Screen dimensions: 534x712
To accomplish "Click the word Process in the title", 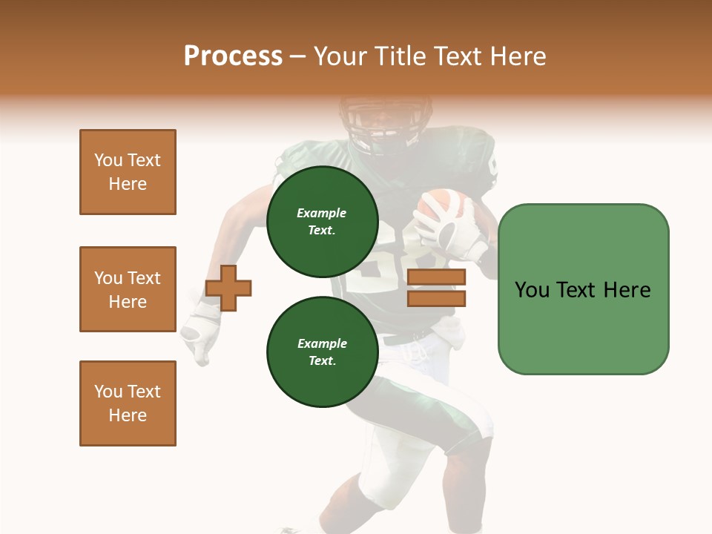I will point(233,56).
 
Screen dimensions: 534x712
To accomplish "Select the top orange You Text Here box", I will point(128,172).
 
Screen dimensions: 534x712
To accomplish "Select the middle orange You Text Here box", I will point(128,289).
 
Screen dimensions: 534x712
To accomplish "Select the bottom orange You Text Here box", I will point(128,403).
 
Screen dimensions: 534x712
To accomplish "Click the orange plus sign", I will point(228,287).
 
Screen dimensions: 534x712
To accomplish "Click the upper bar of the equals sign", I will point(437,277).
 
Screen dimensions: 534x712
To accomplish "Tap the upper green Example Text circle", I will point(322,222).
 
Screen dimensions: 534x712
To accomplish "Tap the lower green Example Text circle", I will point(322,352).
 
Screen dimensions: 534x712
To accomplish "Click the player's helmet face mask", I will point(375,122).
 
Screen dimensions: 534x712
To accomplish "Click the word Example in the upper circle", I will point(322,214).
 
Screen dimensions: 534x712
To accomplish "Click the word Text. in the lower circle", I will point(322,361).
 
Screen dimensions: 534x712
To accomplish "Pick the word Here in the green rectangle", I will point(627,290).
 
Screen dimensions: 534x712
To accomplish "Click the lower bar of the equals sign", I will point(437,298).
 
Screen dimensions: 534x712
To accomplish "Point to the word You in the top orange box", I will point(108,160).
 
